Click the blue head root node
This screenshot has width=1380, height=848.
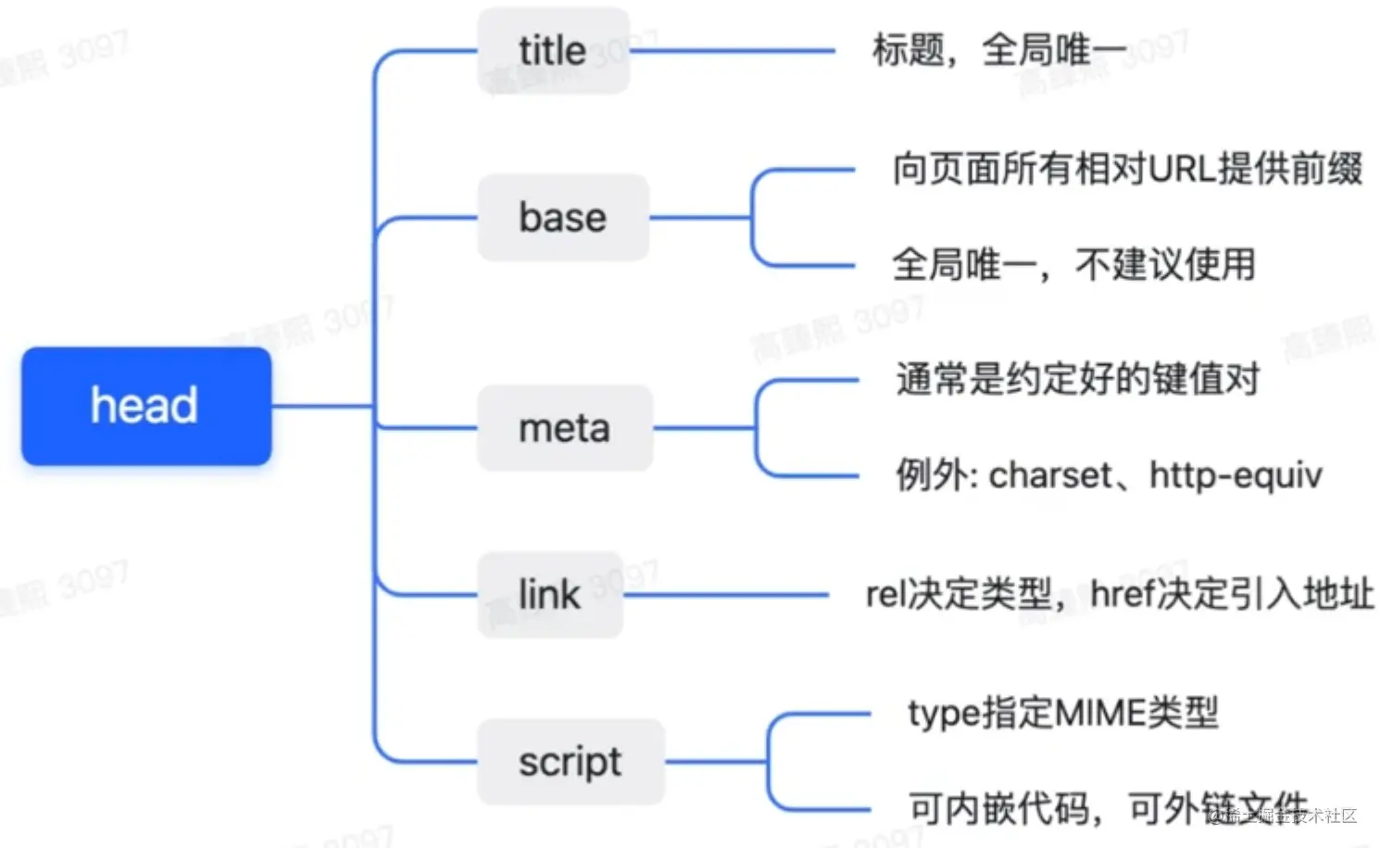click(146, 406)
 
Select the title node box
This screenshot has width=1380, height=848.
click(553, 50)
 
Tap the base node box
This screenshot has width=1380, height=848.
click(562, 218)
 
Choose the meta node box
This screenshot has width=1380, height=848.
click(564, 428)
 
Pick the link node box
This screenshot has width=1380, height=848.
click(549, 594)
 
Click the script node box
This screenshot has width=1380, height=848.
click(570, 762)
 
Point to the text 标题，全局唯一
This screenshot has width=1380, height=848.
click(998, 50)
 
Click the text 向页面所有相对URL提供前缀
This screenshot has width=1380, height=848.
click(1126, 170)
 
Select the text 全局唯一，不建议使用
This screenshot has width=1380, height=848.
click(1073, 265)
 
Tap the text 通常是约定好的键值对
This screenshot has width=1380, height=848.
click(1077, 379)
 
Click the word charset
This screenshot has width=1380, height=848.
click(1050, 475)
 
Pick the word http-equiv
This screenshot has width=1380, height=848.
click(1235, 475)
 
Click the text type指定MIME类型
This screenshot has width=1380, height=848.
click(1062, 713)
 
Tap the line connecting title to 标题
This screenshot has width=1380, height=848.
click(732, 51)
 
